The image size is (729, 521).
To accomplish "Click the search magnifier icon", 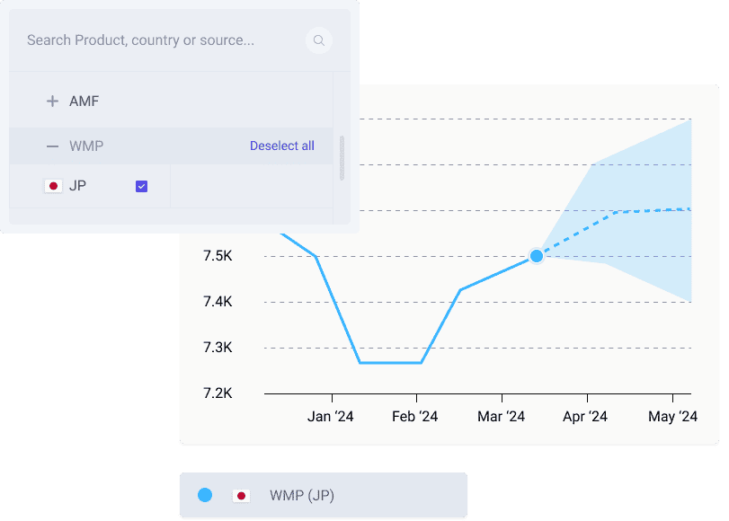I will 318,40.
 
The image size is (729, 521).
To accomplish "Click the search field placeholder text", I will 140,40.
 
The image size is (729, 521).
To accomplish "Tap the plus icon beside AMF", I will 52,102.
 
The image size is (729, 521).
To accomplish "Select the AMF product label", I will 84,102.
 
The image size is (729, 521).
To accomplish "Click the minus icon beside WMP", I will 52,146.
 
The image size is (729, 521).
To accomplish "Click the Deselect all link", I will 282,146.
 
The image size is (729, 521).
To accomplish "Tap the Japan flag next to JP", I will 53,186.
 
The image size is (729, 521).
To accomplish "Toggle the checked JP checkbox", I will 141,186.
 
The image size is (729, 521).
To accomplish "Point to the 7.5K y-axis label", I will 218,256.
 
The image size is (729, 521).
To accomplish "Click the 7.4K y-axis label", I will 218,302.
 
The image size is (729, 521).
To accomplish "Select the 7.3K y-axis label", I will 218,348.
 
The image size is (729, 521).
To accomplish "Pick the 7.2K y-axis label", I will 218,393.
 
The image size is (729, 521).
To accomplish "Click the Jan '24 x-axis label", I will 331,416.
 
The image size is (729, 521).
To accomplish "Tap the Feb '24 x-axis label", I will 415,416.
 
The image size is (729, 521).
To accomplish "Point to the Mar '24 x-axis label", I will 502,416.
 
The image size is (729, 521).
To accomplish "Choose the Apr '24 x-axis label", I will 585,416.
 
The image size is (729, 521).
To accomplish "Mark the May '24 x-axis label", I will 673,416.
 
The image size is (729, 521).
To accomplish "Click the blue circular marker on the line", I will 537,256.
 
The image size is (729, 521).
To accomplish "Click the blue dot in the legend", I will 205,495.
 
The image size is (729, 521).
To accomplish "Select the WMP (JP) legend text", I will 302,496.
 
